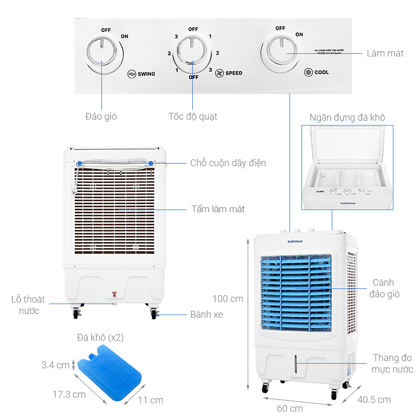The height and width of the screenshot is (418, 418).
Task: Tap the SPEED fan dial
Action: pos(193,52)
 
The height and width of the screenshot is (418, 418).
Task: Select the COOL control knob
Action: pos(281,53)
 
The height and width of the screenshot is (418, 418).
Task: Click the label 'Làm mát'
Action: pos(385,53)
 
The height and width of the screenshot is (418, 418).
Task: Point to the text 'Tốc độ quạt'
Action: pos(193,116)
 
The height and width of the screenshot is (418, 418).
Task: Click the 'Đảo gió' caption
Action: pos(101,116)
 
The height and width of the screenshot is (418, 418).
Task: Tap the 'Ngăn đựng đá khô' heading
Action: pos(347,118)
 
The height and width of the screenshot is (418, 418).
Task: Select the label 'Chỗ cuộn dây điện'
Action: pos(228,163)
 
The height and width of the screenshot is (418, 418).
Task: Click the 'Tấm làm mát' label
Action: pos(218,209)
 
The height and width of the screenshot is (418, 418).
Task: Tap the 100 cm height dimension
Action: pos(228,299)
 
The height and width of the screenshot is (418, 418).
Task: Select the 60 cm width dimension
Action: pos(289,408)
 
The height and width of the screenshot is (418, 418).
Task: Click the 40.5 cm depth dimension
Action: pos(374,400)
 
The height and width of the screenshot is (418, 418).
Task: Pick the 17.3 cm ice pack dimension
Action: pos(70,394)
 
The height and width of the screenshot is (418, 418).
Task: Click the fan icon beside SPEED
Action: pos(219,73)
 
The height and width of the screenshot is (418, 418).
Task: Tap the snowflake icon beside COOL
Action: pos(308,72)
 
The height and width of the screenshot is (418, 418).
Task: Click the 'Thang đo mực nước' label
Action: pos(392,363)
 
